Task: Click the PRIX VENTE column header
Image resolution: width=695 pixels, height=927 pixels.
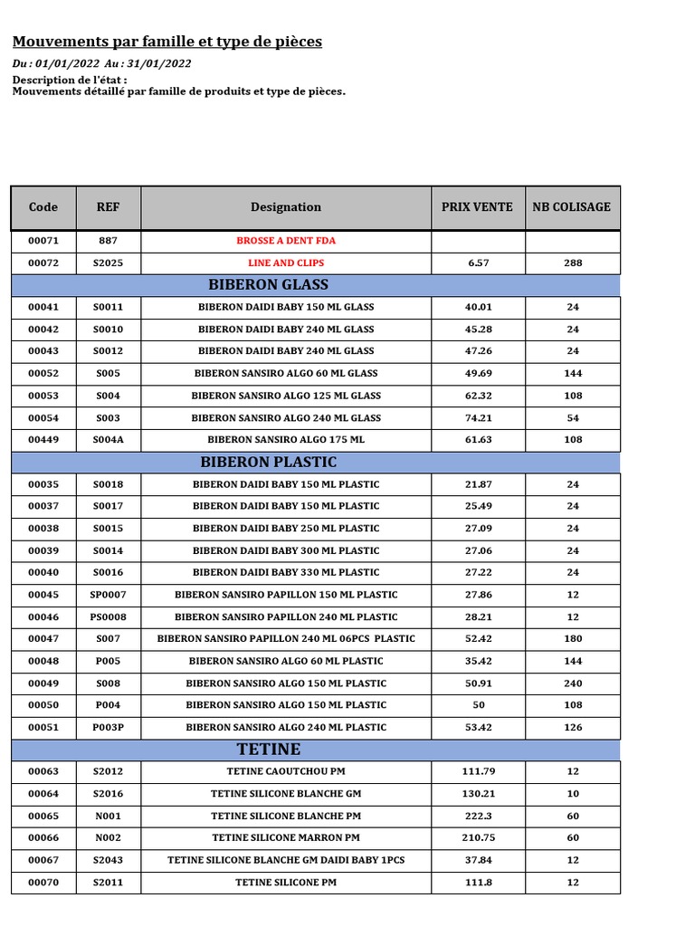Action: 477,207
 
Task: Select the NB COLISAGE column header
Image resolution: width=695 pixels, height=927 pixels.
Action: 571,207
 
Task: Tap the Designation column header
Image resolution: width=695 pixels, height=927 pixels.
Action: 286,207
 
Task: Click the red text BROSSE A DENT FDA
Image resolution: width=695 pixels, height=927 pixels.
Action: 286,242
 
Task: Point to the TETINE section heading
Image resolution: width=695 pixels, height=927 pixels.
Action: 269,750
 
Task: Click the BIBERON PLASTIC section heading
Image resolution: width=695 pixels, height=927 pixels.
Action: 269,463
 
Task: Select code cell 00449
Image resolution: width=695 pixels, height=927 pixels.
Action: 43,440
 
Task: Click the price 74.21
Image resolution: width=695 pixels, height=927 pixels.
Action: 477,418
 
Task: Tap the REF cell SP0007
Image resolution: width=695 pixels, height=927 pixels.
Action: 109,595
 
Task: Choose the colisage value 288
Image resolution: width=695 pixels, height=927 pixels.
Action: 572,263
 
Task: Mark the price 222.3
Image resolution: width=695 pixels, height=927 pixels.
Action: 477,816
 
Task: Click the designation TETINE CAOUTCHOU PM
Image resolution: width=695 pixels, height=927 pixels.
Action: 286,771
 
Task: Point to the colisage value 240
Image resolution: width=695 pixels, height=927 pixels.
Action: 572,683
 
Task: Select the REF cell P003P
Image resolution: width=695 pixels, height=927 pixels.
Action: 109,727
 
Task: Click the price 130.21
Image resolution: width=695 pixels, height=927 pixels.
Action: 477,794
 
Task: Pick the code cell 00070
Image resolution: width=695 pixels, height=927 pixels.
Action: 43,882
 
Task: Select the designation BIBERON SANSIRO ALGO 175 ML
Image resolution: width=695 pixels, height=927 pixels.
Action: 286,440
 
